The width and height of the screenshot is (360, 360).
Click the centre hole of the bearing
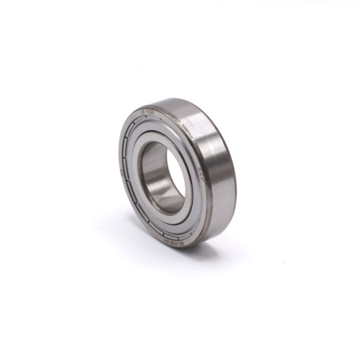coord(162,174)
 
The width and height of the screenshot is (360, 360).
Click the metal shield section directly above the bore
coord(160,128)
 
